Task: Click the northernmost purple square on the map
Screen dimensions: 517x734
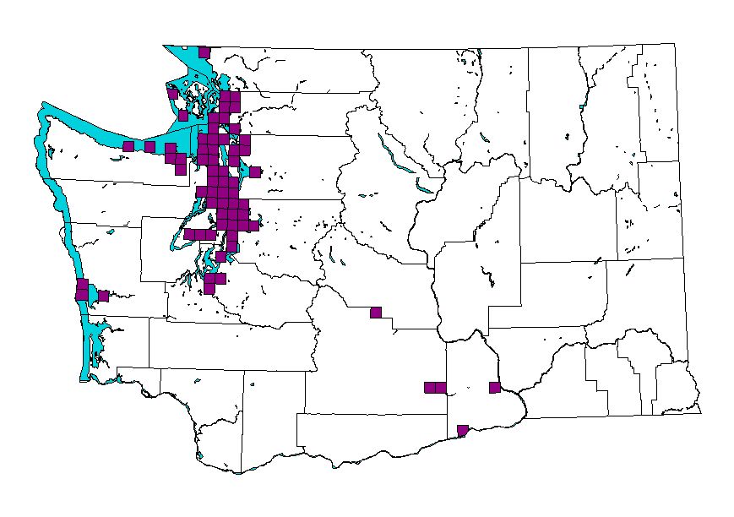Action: [204, 52]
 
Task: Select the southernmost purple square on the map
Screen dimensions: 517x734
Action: [462, 430]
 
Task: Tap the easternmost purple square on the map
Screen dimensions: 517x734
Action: [495, 388]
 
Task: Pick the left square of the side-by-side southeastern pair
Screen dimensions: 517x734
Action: [429, 388]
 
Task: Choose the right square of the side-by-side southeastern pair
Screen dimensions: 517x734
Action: [440, 388]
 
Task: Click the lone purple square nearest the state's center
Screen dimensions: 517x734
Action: [376, 313]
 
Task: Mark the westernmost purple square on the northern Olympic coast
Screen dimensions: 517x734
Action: [128, 146]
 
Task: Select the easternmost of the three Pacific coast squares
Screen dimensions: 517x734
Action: [103, 296]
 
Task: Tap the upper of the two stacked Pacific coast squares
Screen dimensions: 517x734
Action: [82, 284]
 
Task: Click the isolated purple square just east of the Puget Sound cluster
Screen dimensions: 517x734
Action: [255, 172]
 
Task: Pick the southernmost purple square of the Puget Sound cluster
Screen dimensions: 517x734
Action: [209, 289]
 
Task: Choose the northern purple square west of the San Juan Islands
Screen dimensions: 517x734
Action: [172, 94]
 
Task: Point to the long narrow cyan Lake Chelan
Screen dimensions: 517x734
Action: [393, 156]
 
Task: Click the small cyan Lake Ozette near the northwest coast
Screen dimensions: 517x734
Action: [52, 152]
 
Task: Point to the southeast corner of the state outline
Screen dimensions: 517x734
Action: [700, 413]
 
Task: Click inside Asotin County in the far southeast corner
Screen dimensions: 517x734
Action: [676, 384]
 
